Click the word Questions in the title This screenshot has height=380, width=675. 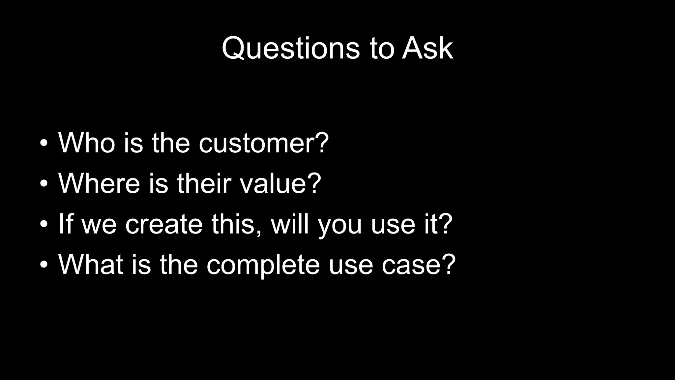291,48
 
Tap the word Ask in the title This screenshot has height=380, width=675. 427,48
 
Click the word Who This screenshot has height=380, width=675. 87,143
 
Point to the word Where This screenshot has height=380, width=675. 99,183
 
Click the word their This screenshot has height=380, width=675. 204,183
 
